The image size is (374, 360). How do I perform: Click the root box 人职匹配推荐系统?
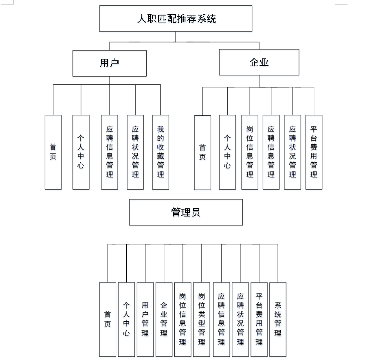(x=176, y=18)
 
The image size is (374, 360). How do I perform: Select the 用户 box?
(x=110, y=63)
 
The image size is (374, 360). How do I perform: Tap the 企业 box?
(x=259, y=62)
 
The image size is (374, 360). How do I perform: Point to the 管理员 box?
(x=186, y=212)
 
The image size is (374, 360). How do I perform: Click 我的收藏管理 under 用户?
(x=161, y=152)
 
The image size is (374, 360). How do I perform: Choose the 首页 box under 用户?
(x=53, y=152)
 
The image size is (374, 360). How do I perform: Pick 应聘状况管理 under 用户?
(x=135, y=152)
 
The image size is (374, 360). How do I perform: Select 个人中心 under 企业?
(x=227, y=152)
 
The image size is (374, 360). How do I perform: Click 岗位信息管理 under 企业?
(x=250, y=152)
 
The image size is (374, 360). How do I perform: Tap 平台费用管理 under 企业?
(x=314, y=152)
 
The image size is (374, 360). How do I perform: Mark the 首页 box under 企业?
(x=202, y=152)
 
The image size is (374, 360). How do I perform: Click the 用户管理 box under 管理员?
(x=145, y=319)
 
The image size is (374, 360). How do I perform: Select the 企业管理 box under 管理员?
(x=164, y=319)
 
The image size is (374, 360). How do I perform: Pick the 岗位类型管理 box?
(x=202, y=319)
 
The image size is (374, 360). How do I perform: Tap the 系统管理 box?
(x=278, y=319)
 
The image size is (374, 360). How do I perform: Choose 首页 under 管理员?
(x=108, y=319)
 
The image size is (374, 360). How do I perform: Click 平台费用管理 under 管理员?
(x=259, y=319)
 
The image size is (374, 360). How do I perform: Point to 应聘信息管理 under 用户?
(x=110, y=152)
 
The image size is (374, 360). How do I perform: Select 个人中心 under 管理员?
(x=126, y=319)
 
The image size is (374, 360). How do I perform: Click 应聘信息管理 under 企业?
(x=271, y=152)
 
